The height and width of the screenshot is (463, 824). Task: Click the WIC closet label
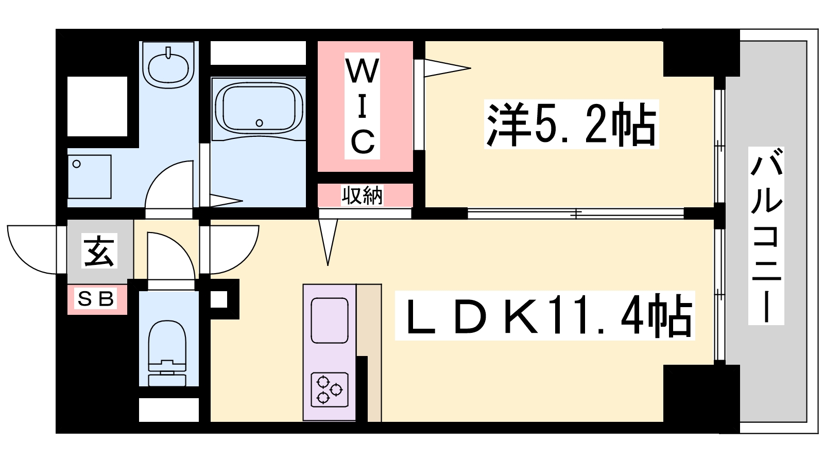pos(363,106)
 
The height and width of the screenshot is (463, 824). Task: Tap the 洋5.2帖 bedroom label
pos(571,124)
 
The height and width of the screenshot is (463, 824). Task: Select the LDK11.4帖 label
pos(545,315)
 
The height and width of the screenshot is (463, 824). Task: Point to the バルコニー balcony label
pos(766,236)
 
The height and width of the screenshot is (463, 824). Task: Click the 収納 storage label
pos(363,195)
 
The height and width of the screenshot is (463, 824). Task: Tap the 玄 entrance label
pos(99,251)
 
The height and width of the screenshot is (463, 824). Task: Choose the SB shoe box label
pos(96,298)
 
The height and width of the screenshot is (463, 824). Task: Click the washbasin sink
pos(168,66)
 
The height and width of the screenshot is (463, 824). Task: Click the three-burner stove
pos(330,389)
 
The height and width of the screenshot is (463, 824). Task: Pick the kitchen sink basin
pos(330,320)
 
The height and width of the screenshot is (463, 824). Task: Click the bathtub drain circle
pos(260,123)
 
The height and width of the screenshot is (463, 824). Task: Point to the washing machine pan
pos(90,177)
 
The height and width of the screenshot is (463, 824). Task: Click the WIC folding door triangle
pos(448,68)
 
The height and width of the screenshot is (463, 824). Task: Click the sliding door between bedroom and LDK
pos(576,213)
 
